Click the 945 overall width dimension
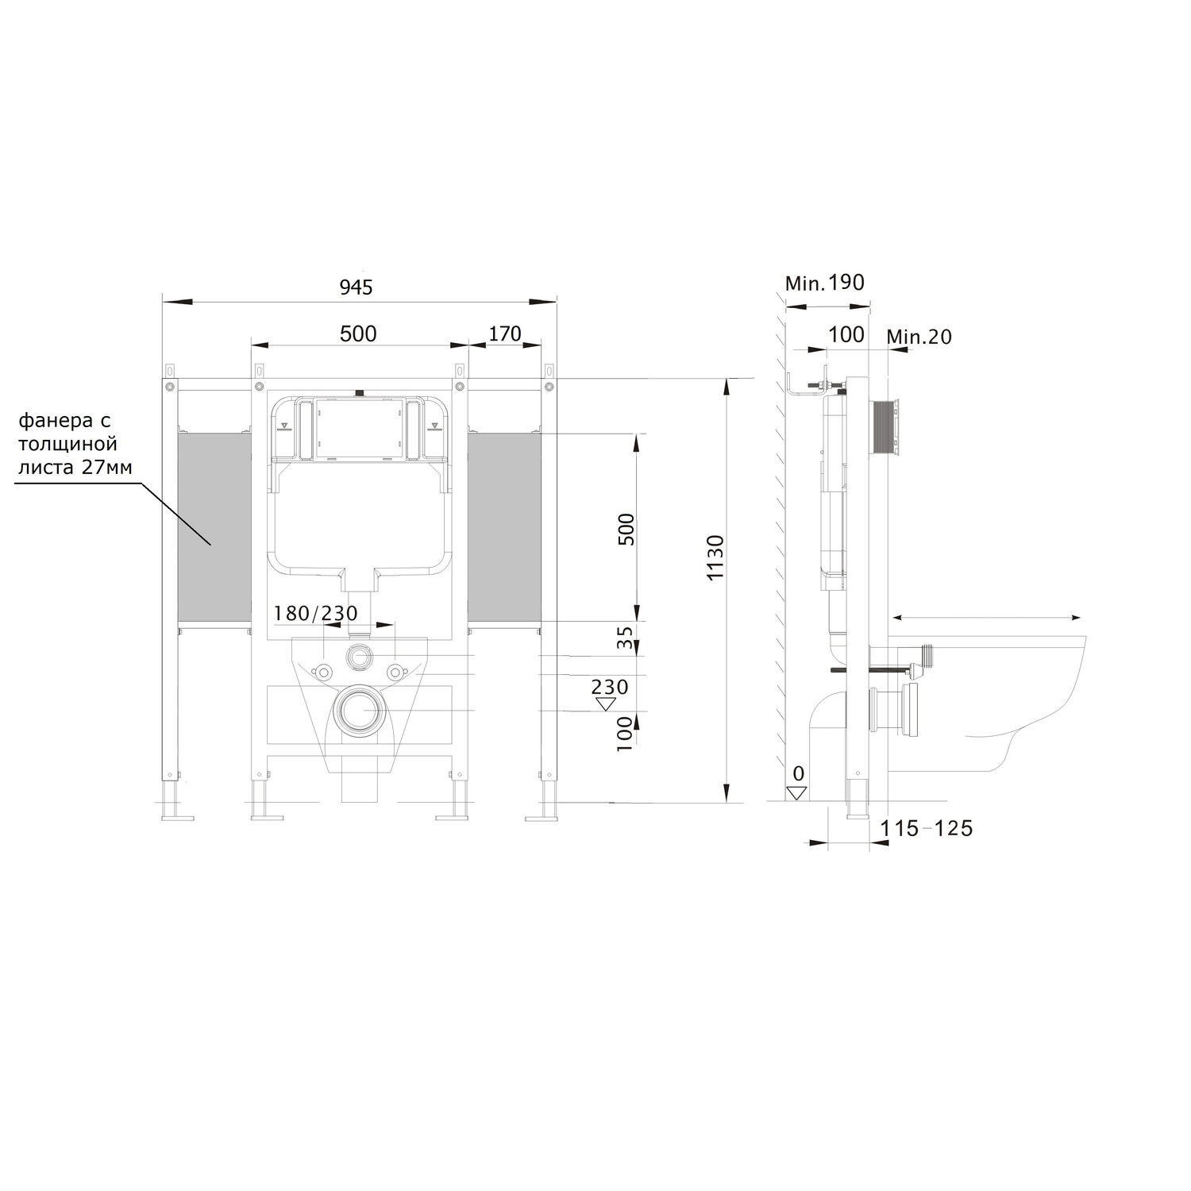click(x=357, y=287)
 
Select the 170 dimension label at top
click(x=505, y=333)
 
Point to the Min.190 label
click(x=824, y=282)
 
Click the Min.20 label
click(x=919, y=337)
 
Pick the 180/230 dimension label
click(x=316, y=613)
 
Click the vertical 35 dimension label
click(x=626, y=638)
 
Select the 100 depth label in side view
click(x=846, y=334)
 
